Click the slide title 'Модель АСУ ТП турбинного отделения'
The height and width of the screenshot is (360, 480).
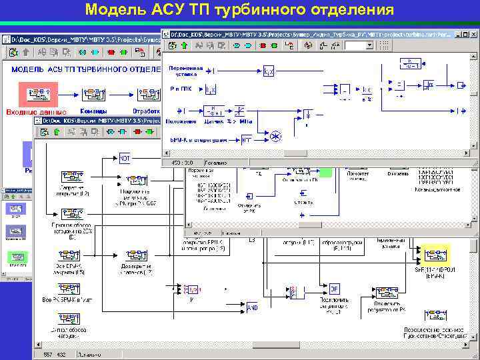tap(240, 10)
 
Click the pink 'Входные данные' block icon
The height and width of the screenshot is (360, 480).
tap(37, 94)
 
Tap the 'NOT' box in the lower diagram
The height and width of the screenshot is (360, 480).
tap(125, 159)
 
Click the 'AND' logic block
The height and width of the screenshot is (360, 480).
tap(253, 307)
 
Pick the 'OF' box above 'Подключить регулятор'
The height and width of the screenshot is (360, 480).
tap(335, 289)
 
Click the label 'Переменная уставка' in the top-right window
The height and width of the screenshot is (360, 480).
tap(185, 71)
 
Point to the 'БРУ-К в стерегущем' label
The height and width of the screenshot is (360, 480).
tap(198, 140)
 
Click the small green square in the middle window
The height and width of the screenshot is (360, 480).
tap(325, 171)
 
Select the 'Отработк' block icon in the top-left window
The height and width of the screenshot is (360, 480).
tap(145, 94)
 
